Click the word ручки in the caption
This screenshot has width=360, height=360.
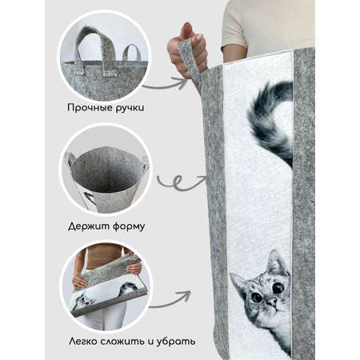pos(130,108)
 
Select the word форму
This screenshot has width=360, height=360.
pos(129,227)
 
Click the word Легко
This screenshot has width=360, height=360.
pos(82,342)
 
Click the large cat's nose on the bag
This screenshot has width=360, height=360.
pos(272,302)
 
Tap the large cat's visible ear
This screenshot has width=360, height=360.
pos(277,262)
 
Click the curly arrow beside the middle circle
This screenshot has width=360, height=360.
pos(182,182)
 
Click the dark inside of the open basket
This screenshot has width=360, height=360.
pos(106,170)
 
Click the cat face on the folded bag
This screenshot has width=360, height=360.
pos(84,302)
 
